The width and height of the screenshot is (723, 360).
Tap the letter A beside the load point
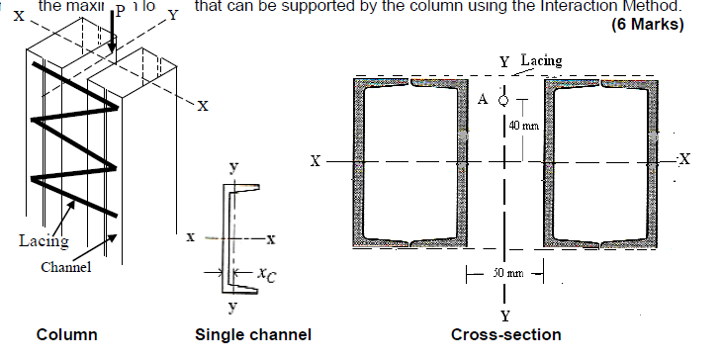coord(484,100)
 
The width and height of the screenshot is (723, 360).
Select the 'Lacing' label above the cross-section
coord(541,61)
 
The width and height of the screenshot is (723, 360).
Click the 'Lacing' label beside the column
coord(44,239)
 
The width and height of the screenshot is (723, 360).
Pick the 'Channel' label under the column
coord(66,267)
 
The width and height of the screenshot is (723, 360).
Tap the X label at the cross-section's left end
coord(316,159)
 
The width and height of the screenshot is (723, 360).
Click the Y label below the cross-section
coord(505,316)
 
